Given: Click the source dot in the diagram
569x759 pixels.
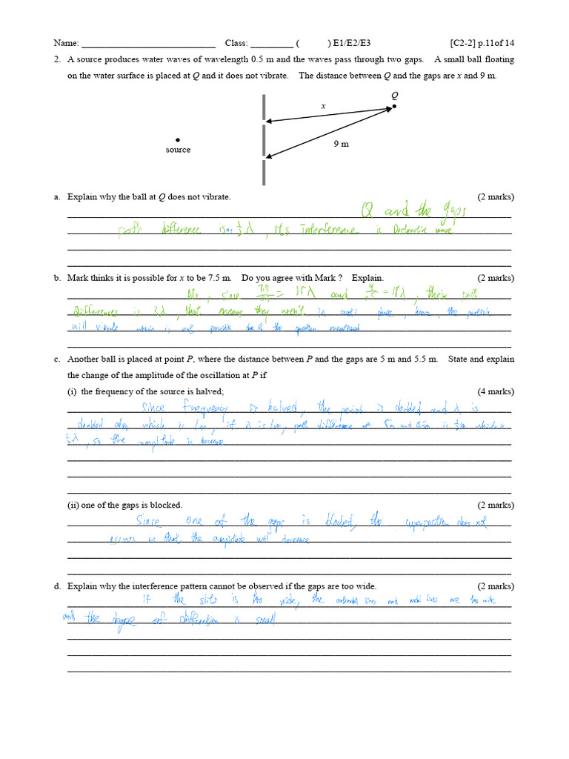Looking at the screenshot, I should click(x=178, y=139).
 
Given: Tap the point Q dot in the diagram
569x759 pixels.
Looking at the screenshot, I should click(x=394, y=106).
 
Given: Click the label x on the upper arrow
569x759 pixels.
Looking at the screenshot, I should click(x=323, y=106).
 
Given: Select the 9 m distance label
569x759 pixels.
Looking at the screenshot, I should click(x=341, y=144).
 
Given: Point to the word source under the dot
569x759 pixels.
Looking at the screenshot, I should click(x=178, y=150).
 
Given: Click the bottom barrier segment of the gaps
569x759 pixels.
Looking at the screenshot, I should click(x=263, y=173).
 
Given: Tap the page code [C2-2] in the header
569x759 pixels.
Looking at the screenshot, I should click(x=467, y=43).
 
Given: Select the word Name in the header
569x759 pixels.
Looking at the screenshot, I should click(x=64, y=43).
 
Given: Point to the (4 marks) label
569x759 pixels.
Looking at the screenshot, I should click(x=496, y=391).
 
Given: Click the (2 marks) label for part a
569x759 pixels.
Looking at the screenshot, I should click(x=496, y=196).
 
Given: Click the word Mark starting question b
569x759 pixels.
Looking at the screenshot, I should click(x=79, y=278).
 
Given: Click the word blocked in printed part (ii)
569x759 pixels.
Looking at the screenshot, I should click(x=167, y=505).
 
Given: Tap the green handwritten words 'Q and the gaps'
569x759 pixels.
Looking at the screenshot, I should click(x=413, y=213).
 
